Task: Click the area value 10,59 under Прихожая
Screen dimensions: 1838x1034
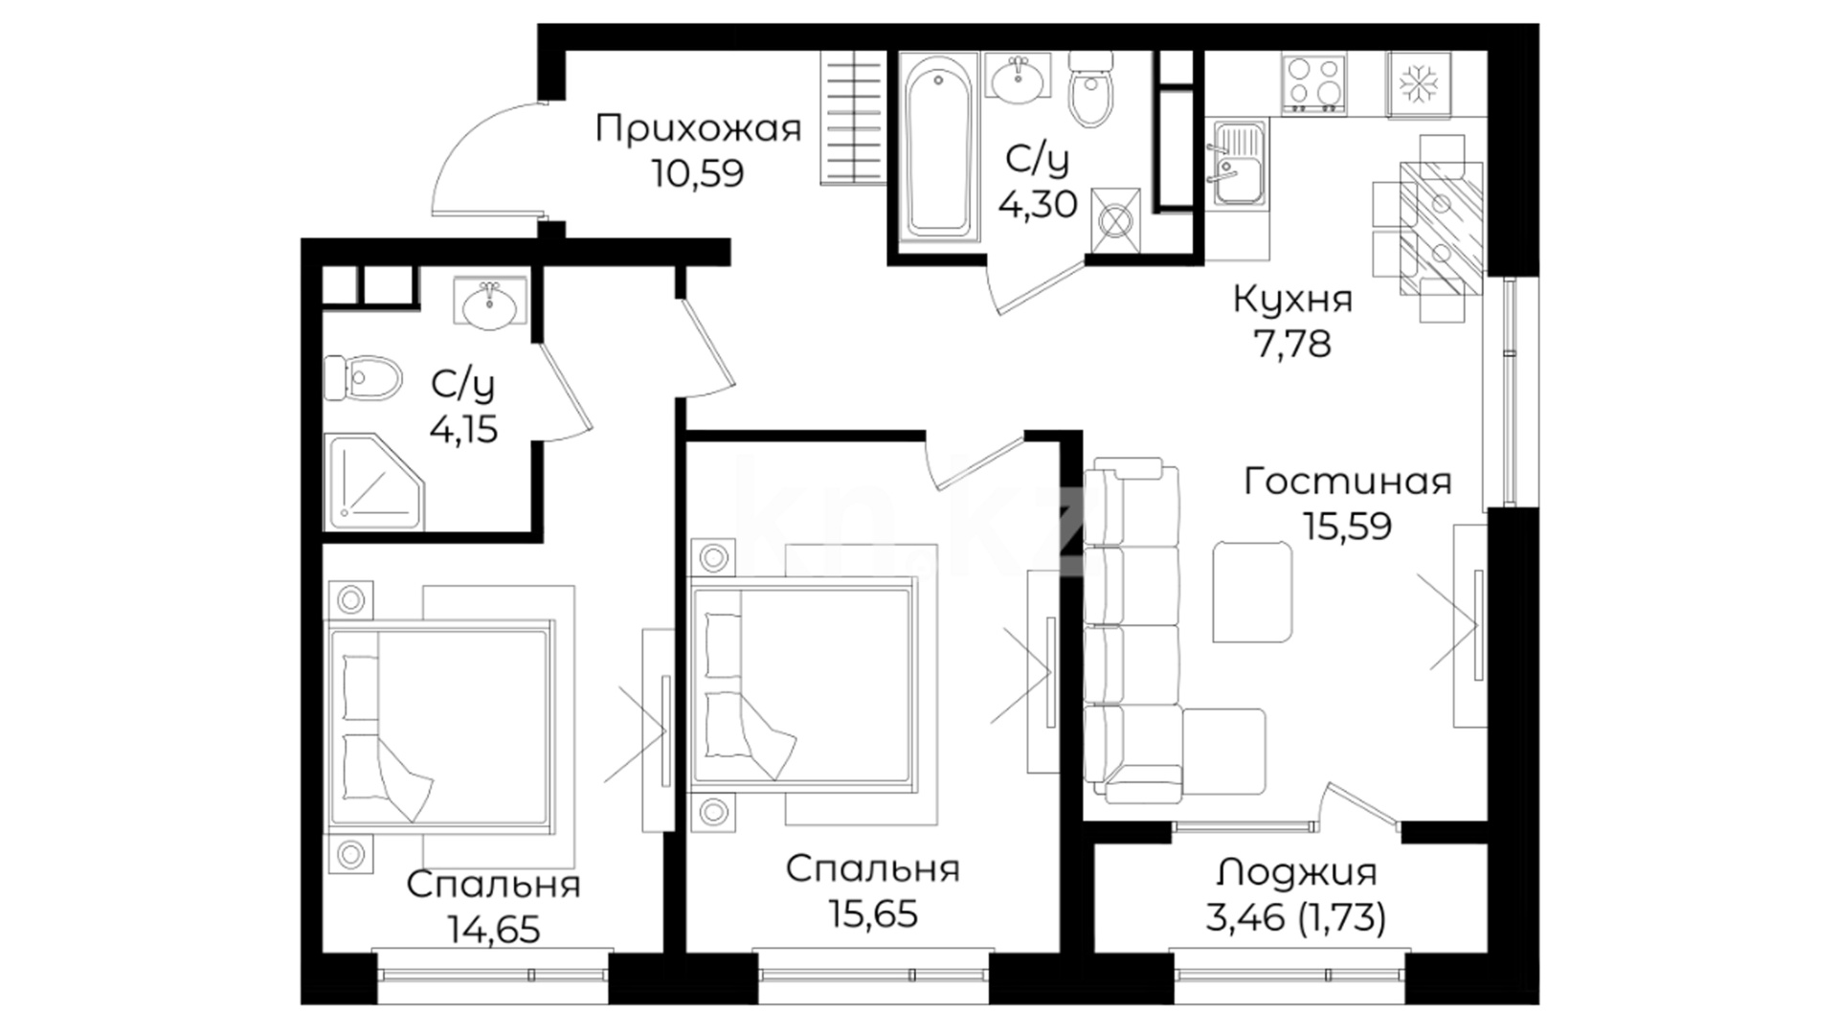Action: [x=698, y=174]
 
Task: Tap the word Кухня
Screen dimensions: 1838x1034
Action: [x=1292, y=300]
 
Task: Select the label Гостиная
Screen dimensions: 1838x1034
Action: [x=1347, y=481]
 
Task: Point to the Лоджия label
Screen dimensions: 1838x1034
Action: [x=1297, y=872]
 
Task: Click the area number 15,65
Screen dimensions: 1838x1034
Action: [x=873, y=913]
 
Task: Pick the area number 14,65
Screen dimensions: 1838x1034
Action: [x=493, y=929]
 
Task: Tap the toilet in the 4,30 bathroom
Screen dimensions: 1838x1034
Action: [x=1091, y=89]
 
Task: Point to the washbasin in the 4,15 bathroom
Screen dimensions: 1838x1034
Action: [x=489, y=304]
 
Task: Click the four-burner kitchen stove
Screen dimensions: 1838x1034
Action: [x=1313, y=81]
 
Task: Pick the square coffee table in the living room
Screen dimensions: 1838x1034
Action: [x=1252, y=592]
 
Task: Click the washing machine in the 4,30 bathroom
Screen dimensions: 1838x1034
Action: [x=1116, y=221]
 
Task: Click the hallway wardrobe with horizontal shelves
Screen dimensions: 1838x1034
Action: [x=853, y=118]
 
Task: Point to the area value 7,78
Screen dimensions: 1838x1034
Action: [x=1292, y=344]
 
